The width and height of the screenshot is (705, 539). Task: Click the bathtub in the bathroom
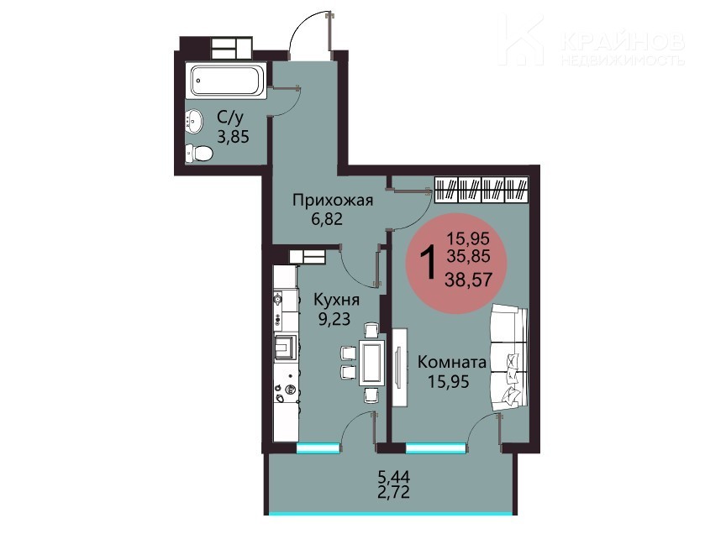[x=226, y=81]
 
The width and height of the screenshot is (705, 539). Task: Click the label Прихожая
[x=333, y=200]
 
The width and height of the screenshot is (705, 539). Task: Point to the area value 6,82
[x=327, y=219]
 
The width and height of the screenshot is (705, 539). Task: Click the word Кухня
[x=336, y=300]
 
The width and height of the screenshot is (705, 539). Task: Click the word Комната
[x=452, y=362]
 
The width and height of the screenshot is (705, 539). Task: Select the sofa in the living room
[x=509, y=358]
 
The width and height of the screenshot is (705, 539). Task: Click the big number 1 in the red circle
[x=428, y=263]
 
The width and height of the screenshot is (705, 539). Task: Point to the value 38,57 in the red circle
[x=468, y=280]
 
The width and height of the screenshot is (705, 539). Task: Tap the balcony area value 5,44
[x=394, y=476]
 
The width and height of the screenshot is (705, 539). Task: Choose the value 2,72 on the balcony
[x=394, y=493]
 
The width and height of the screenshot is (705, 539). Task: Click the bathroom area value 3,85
[x=233, y=136]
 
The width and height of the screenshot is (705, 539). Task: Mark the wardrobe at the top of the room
[x=481, y=189]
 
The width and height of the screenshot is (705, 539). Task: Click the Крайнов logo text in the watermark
[x=623, y=42]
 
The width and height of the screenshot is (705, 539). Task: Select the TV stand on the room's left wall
[x=399, y=368]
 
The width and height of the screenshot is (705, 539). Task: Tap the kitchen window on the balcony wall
[x=318, y=447]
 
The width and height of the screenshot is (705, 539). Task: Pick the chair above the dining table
[x=371, y=331]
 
